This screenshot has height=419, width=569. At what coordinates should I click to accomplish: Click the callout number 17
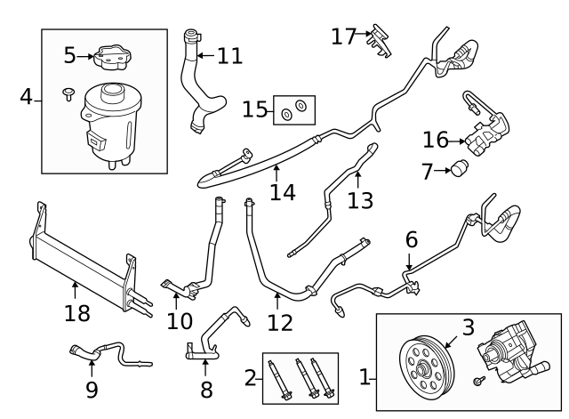click(x=343, y=36)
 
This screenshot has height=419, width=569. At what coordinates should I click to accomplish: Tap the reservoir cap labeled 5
click(x=113, y=58)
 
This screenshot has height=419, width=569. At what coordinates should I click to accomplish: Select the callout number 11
click(x=229, y=56)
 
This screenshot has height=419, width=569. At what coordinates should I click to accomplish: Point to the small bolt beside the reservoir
click(x=68, y=94)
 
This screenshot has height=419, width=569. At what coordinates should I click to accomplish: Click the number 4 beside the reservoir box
click(x=26, y=97)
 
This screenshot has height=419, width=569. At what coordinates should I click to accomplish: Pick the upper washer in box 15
click(x=301, y=105)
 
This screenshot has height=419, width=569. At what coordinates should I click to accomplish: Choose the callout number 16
click(x=436, y=140)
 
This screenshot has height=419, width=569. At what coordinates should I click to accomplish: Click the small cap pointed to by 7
click(x=460, y=168)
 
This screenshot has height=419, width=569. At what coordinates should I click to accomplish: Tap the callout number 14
click(x=283, y=192)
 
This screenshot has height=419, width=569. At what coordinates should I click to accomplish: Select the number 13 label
click(x=360, y=201)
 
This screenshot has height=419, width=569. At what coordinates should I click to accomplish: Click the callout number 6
click(x=411, y=240)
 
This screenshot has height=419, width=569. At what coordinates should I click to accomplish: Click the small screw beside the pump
click(x=479, y=381)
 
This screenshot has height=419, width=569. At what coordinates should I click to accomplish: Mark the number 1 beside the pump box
click(x=364, y=377)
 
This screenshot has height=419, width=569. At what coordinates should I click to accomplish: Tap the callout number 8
click(x=206, y=391)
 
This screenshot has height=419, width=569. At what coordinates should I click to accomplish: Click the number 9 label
click(x=92, y=391)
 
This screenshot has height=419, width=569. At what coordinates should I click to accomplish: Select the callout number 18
click(x=77, y=313)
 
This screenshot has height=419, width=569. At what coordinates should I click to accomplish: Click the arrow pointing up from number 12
click(x=277, y=301)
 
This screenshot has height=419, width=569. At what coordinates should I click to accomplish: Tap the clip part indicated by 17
click(x=380, y=40)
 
